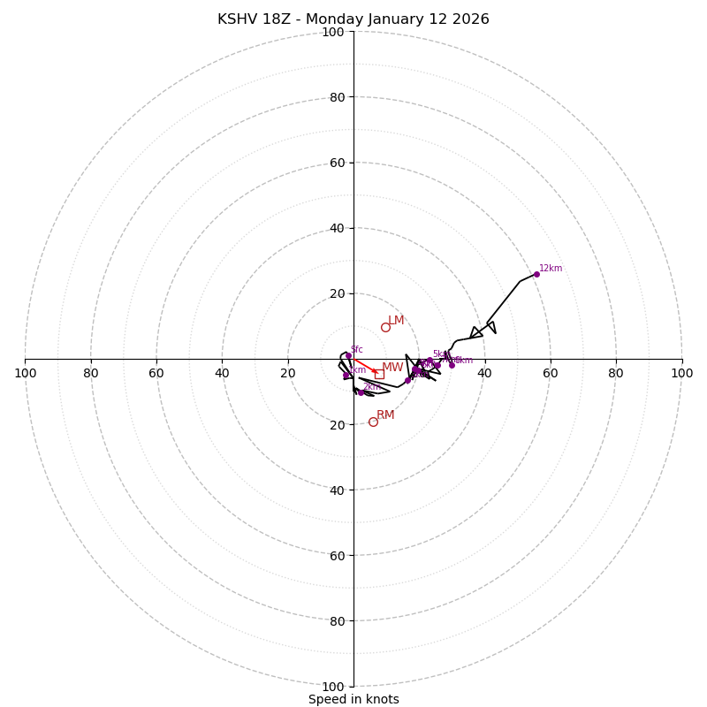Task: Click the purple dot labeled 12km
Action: [536, 274]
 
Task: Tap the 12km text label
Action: [551, 269]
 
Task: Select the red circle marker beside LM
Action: [385, 327]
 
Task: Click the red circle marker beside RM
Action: [373, 422]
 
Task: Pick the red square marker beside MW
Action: [379, 374]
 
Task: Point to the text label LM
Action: [396, 321]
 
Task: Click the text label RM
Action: [385, 415]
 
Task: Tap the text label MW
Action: [392, 368]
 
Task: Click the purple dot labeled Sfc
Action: [348, 355]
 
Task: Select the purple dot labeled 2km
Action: [361, 392]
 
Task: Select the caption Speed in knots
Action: [353, 699]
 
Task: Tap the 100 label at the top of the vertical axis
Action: [333, 32]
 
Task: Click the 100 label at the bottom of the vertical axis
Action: [333, 687]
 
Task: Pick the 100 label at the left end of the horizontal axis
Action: [25, 373]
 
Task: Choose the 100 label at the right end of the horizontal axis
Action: [681, 373]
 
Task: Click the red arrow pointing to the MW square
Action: [366, 367]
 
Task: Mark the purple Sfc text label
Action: [356, 349]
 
